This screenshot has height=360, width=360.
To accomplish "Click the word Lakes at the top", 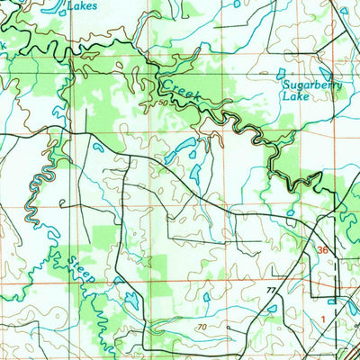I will pyautogui.click(x=83, y=4).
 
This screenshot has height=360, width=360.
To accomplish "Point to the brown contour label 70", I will pyautogui.click(x=202, y=328).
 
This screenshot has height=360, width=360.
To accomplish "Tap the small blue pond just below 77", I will pyautogui.click(x=272, y=309).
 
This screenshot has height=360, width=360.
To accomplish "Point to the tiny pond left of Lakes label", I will pyautogui.click(x=56, y=7).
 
